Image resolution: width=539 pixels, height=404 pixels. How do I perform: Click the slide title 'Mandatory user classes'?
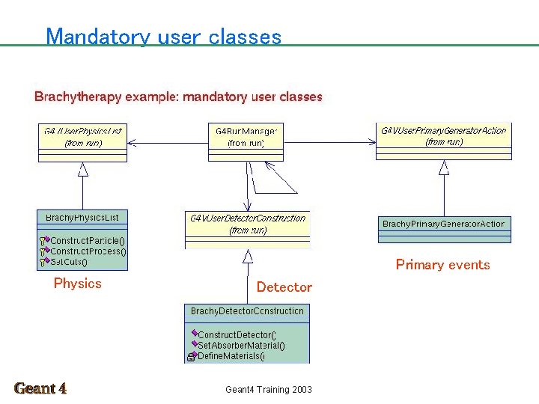(x=163, y=37)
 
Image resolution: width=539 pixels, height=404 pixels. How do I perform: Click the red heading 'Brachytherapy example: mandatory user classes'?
(x=178, y=97)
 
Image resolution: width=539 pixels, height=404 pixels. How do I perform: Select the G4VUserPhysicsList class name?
(x=83, y=131)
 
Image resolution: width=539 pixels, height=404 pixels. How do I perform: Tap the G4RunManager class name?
(x=246, y=131)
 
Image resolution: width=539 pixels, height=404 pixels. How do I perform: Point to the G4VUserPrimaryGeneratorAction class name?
(x=443, y=130)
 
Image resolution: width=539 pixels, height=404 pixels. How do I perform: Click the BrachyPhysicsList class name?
(x=82, y=218)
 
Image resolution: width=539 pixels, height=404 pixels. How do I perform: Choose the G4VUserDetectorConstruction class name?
(x=248, y=218)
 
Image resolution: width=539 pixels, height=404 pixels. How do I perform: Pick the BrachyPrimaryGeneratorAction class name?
(x=443, y=224)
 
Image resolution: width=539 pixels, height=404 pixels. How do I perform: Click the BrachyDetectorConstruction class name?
(x=247, y=310)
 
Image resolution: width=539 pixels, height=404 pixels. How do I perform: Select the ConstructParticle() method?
(x=88, y=241)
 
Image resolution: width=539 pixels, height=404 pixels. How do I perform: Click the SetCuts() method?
(x=69, y=262)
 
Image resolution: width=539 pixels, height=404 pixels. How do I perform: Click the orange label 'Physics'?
(x=77, y=284)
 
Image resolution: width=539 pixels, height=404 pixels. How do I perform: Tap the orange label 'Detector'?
(x=284, y=287)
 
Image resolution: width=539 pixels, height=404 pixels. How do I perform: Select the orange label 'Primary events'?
(x=442, y=265)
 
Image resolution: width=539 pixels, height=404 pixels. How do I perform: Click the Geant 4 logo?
(x=40, y=388)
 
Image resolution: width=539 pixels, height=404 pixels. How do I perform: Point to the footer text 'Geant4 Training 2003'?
(x=269, y=389)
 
